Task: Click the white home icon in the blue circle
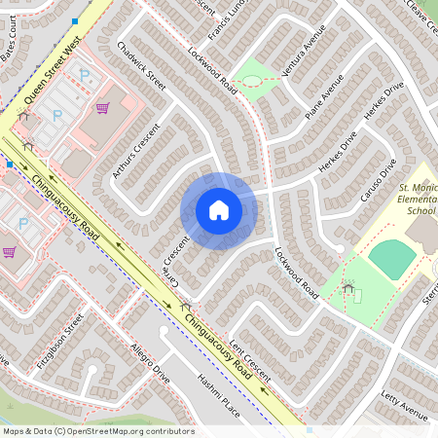[218, 210]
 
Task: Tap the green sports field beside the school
[392, 259]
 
